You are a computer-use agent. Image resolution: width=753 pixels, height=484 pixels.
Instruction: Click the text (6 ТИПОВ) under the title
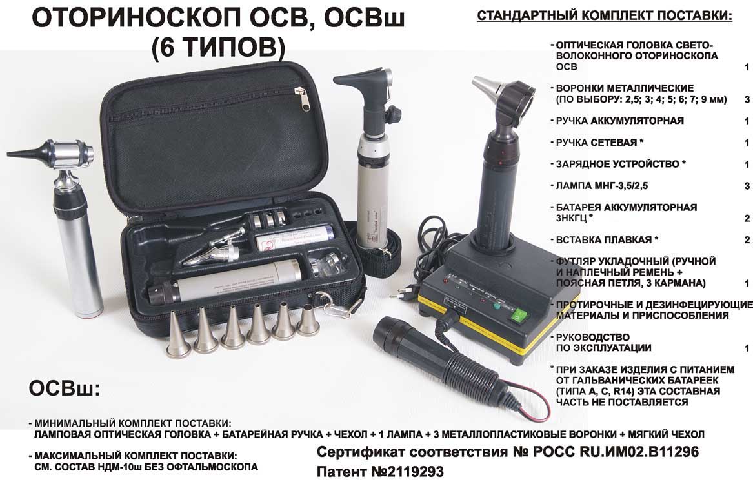pos(219,47)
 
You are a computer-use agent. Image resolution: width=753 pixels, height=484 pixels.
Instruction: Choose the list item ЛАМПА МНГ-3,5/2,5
pos(602,185)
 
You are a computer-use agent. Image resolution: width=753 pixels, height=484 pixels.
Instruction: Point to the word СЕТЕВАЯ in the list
pos(614,142)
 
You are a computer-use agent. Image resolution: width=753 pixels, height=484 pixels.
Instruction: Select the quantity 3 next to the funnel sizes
pos(747,99)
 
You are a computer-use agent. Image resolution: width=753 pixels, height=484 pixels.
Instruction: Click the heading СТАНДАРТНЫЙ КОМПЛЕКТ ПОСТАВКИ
pos(604,16)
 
